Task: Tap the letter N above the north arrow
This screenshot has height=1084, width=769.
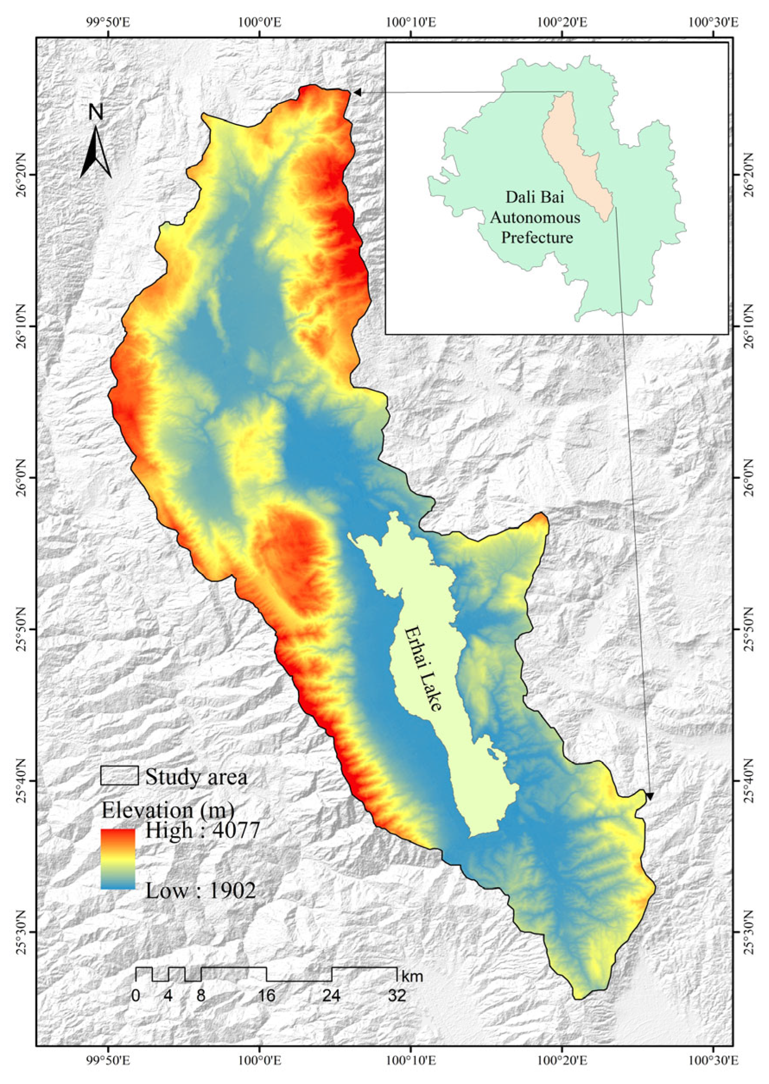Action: (96, 113)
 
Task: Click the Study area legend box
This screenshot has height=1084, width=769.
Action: (119, 776)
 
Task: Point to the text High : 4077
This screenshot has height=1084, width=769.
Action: (203, 830)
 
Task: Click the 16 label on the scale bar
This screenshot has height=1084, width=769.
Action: (267, 995)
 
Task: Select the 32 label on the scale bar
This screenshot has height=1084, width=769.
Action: (397, 995)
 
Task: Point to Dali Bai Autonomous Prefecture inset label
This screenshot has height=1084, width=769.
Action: (535, 217)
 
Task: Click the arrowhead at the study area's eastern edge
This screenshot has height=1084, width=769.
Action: (650, 797)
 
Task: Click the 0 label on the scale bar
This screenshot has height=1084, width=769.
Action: (136, 995)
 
